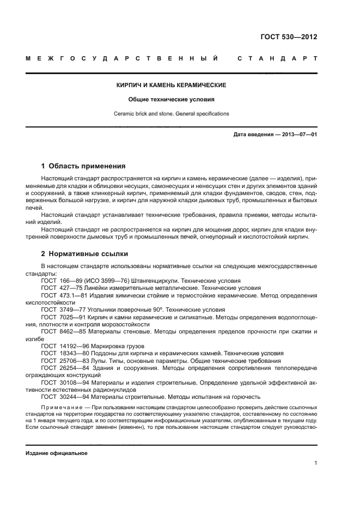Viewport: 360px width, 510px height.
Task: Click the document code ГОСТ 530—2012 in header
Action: (x=289, y=37)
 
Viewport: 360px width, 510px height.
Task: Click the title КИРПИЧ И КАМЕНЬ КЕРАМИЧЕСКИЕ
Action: (x=172, y=86)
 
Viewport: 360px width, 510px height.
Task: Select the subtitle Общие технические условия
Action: (x=171, y=100)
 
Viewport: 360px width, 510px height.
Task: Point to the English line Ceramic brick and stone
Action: (x=171, y=114)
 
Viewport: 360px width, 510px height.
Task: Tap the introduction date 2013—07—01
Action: (x=298, y=134)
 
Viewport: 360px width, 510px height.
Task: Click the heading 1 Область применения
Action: (x=83, y=166)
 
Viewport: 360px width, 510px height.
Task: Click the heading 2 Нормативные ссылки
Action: (x=82, y=254)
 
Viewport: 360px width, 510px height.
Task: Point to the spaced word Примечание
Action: (x=61, y=407)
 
